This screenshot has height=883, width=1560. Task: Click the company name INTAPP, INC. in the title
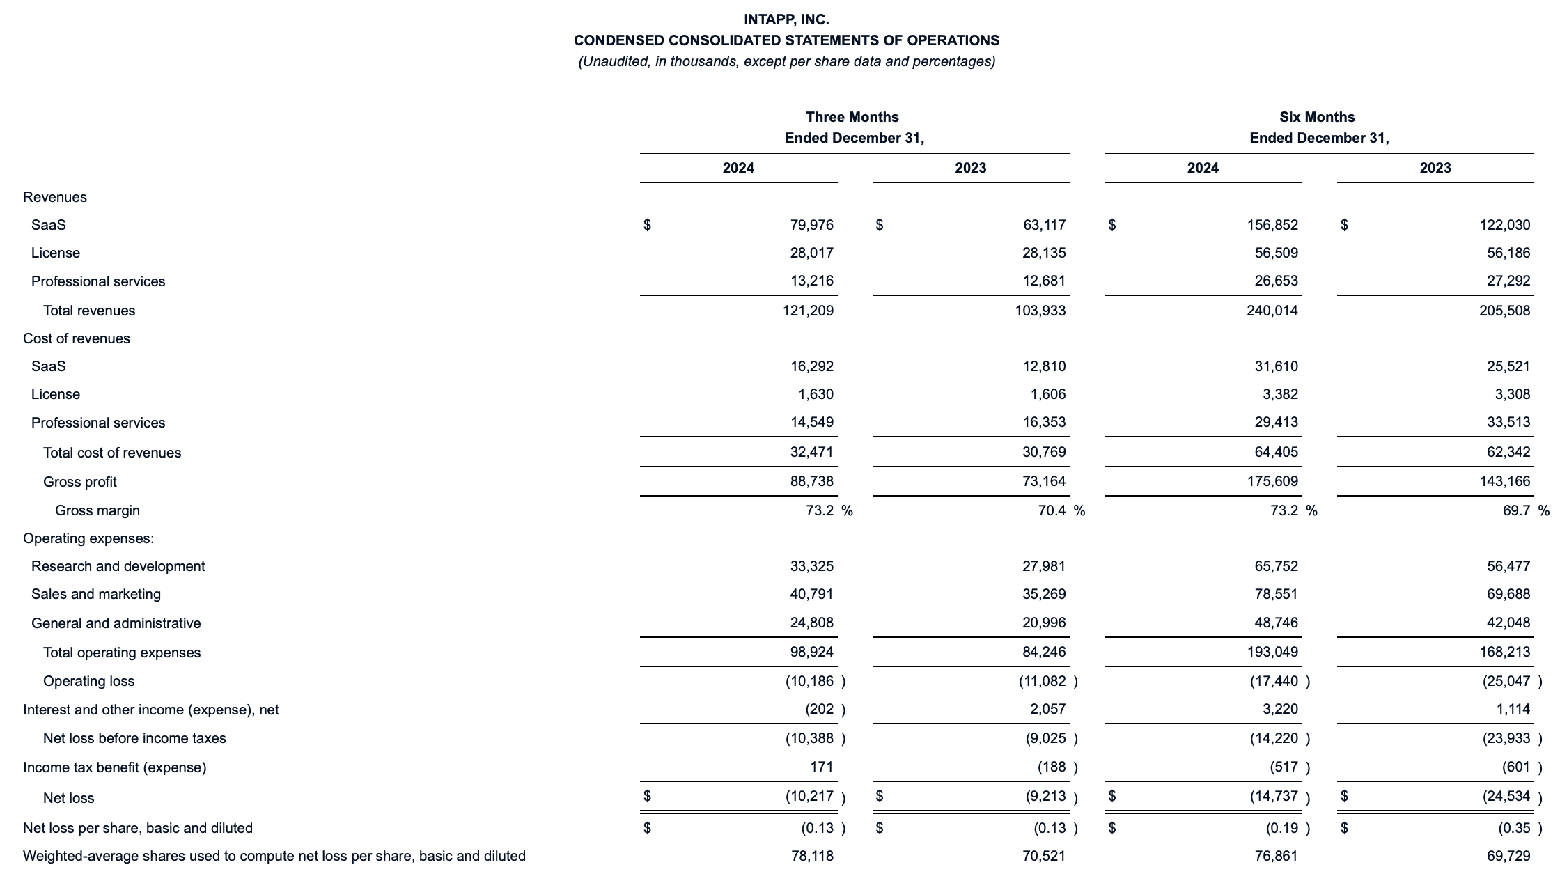click(x=786, y=19)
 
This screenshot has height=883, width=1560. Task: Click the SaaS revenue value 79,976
click(x=811, y=225)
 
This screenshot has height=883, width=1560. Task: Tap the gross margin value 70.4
click(x=1051, y=510)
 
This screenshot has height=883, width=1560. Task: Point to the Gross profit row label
click(x=79, y=482)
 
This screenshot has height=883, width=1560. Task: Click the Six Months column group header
click(x=1317, y=117)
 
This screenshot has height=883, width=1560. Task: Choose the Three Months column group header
click(x=852, y=117)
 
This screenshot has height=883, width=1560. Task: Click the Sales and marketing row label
click(x=95, y=594)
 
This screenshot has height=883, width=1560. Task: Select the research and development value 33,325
click(x=811, y=566)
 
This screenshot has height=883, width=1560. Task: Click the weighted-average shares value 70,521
click(x=1044, y=856)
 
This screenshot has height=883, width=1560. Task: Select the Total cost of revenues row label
click(x=111, y=453)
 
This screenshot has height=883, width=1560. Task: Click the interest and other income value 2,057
click(x=1047, y=709)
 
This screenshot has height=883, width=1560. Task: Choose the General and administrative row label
click(x=116, y=623)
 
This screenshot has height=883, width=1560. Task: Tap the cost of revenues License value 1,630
click(x=816, y=394)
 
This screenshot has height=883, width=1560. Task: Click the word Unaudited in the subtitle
click(x=614, y=61)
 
